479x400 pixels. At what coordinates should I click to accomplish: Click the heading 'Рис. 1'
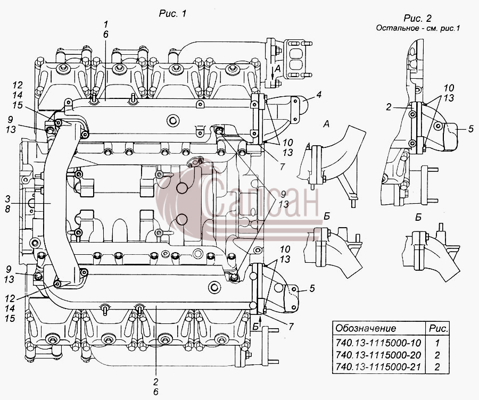click(172, 14)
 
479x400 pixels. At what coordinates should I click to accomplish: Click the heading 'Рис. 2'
click(417, 18)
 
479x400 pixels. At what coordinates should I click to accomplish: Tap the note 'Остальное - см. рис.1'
click(418, 28)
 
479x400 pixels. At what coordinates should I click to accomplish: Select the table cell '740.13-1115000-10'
click(378, 343)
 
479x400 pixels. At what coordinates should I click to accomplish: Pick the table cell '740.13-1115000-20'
click(378, 355)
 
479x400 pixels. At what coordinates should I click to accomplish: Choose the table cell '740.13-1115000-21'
click(378, 366)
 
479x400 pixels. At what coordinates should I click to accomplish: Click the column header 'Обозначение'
click(365, 328)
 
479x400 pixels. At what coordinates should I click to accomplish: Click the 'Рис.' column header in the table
click(439, 328)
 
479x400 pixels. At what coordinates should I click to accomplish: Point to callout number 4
click(319, 95)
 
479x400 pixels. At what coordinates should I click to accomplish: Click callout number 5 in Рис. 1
click(312, 288)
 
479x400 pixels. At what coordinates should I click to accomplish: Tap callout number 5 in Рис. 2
click(470, 129)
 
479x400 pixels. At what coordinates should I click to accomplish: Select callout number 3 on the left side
click(7, 199)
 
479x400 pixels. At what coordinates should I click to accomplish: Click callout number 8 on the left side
click(7, 209)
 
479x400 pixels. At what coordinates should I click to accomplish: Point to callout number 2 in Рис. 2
click(389, 107)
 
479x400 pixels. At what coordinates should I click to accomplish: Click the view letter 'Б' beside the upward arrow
click(255, 327)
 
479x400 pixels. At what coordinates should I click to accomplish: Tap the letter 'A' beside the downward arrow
click(277, 69)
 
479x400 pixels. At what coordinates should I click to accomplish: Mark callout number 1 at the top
click(106, 24)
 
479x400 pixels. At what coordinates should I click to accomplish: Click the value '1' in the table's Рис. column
click(437, 343)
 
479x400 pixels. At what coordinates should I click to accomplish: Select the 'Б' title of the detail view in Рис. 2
click(418, 217)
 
